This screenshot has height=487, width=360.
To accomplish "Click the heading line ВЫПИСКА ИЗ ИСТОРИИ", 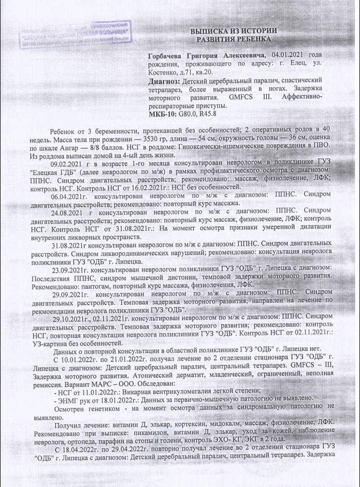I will [233, 30].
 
